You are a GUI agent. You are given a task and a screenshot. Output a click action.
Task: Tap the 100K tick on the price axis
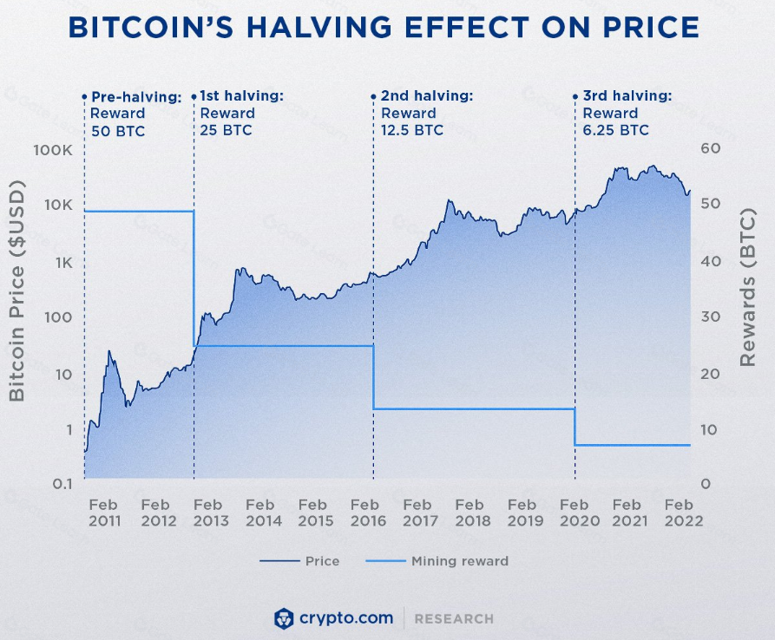click(52, 150)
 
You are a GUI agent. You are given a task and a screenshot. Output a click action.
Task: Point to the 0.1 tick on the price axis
click(62, 484)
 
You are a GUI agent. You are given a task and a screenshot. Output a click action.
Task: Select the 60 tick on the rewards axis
click(710, 148)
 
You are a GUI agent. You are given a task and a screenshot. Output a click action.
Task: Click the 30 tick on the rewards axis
click(710, 317)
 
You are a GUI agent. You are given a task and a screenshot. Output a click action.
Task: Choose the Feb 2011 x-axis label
click(104, 513)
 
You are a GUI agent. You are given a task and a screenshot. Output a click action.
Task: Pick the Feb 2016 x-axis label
click(368, 513)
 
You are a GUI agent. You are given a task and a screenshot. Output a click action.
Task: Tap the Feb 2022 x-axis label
click(683, 513)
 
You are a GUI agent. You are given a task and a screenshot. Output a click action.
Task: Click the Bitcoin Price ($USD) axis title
click(16, 291)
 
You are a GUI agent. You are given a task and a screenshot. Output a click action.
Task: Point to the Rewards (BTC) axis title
click(747, 287)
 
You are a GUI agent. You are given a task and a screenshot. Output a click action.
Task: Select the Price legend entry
click(299, 561)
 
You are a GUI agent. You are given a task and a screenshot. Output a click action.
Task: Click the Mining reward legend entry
click(437, 561)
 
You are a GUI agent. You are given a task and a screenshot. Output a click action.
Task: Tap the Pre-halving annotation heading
click(136, 97)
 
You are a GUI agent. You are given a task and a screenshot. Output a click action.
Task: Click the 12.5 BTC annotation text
click(412, 130)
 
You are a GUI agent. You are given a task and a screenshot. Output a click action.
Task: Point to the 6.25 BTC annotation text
click(616, 130)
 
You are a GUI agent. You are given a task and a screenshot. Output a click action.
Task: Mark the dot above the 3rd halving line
click(575, 97)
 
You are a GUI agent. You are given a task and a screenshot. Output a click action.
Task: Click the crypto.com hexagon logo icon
click(284, 619)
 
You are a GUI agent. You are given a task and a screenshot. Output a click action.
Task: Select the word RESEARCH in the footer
click(454, 619)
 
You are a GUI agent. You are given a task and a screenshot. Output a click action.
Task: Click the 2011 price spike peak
click(108, 351)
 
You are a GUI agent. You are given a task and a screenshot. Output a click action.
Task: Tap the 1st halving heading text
click(241, 95)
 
